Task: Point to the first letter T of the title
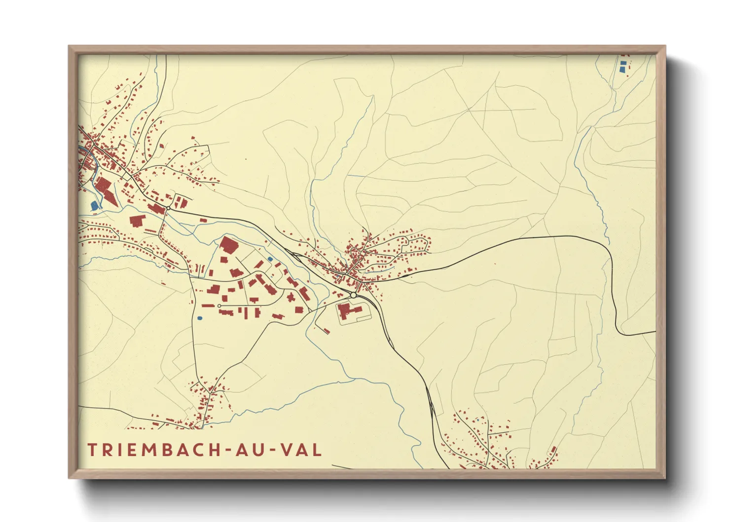pyautogui.click(x=92, y=449)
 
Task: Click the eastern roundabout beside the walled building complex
pyautogui.click(x=353, y=295)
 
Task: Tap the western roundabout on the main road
pyautogui.click(x=168, y=208)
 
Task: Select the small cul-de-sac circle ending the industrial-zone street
pyautogui.click(x=219, y=306)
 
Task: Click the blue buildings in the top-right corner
pyautogui.click(x=623, y=66)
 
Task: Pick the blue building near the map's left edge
pyautogui.click(x=94, y=205)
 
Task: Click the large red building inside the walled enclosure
pyautogui.click(x=349, y=311)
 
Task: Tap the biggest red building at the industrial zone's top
pyautogui.click(x=229, y=245)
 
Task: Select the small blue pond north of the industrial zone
pyautogui.click(x=270, y=259)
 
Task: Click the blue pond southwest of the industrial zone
pyautogui.click(x=199, y=319)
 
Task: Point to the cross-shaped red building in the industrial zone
pyautogui.click(x=291, y=297)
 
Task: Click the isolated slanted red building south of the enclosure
pyautogui.click(x=326, y=331)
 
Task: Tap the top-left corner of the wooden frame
pyautogui.click(x=70, y=47)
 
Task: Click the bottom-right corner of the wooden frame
pyautogui.click(x=664, y=477)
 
